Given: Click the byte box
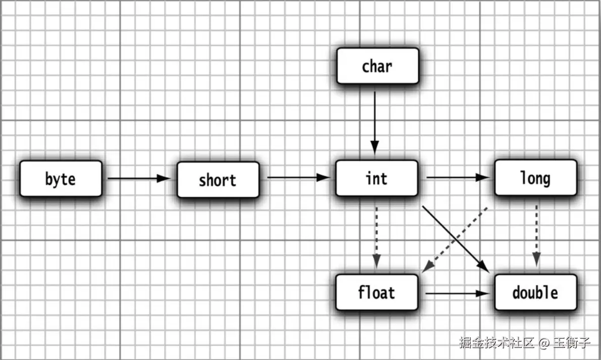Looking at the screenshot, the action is coord(61,179).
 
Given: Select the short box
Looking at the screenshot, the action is coord(218,180).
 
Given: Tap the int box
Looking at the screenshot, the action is coord(377,178).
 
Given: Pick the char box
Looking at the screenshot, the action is coord(377,66).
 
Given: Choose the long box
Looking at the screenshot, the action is coord(535,178).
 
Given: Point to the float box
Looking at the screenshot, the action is coord(377,292).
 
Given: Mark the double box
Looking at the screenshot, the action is coord(535,292).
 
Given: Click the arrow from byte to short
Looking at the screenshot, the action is coord(139,178).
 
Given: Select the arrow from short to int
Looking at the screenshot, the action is coord(298,178).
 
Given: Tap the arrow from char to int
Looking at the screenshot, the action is coord(375,121).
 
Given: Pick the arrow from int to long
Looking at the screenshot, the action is coord(457,178).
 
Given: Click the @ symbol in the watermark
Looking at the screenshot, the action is coord(543,343).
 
